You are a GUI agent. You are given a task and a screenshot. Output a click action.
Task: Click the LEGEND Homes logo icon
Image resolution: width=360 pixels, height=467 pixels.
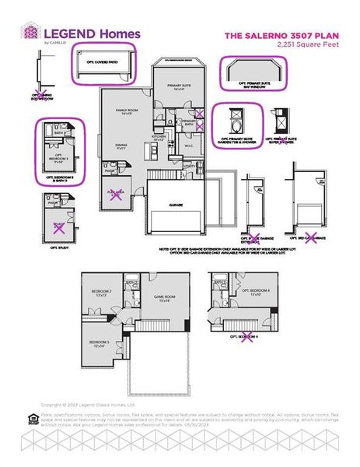[29, 33]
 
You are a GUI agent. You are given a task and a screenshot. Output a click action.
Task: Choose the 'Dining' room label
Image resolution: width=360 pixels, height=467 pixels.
[121, 146]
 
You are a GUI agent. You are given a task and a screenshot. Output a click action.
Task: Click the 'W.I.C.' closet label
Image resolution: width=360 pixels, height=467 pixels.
[189, 145]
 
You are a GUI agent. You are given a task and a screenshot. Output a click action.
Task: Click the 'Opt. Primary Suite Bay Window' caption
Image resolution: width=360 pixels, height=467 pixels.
[252, 86]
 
